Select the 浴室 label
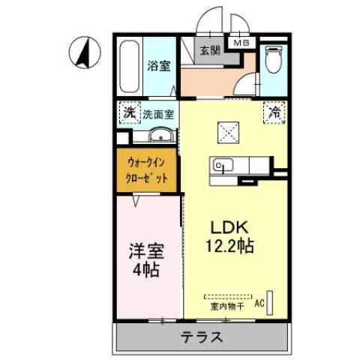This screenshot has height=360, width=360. [x=158, y=65]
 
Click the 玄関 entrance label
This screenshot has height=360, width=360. [x=211, y=50]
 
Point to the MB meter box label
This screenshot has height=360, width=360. [x=241, y=42]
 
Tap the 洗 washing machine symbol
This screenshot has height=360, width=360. [x=129, y=114]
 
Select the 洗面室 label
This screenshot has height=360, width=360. [x=158, y=115]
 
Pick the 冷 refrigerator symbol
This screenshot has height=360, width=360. [x=273, y=114]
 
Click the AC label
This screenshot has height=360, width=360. [x=259, y=304]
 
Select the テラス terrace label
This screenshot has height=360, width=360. [x=200, y=336]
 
